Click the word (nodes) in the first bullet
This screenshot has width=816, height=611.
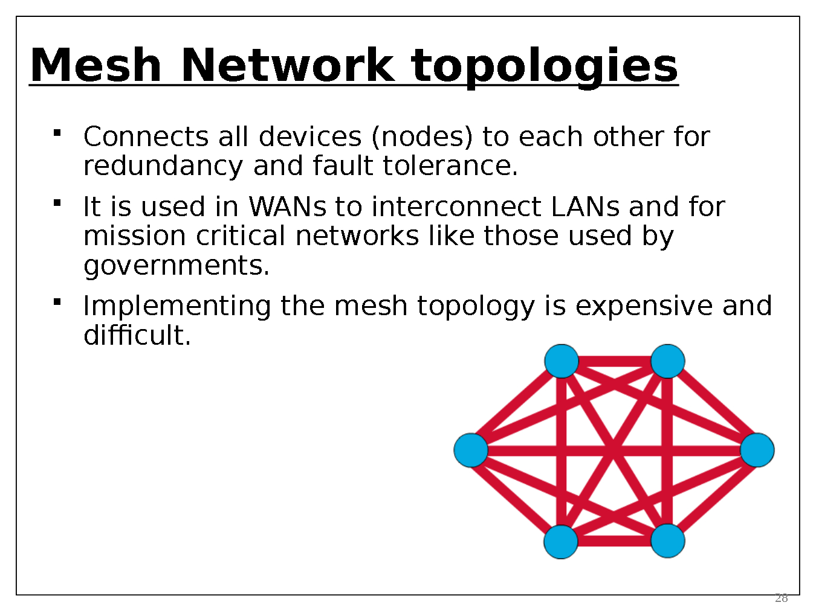coord(422,137)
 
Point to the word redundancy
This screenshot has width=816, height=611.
coord(163,166)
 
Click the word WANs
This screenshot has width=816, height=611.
coord(288,207)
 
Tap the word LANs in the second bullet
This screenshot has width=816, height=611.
coord(585,207)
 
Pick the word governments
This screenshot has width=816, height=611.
coord(176,266)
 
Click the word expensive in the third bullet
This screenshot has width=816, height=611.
coord(643,306)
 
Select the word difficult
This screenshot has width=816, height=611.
coord(137,335)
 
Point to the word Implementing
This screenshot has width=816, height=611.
coord(177,306)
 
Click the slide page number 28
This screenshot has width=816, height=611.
coord(781,598)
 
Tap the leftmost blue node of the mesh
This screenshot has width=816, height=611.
coord(471,450)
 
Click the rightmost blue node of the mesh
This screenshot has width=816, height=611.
coord(757,450)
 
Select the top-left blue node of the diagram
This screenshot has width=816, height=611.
coord(562,361)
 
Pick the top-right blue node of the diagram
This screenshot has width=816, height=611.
coord(667,361)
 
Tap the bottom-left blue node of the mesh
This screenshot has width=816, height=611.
coord(561,542)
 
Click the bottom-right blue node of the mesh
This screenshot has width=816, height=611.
coord(667,540)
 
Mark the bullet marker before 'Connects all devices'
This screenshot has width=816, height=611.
coord(57,132)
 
